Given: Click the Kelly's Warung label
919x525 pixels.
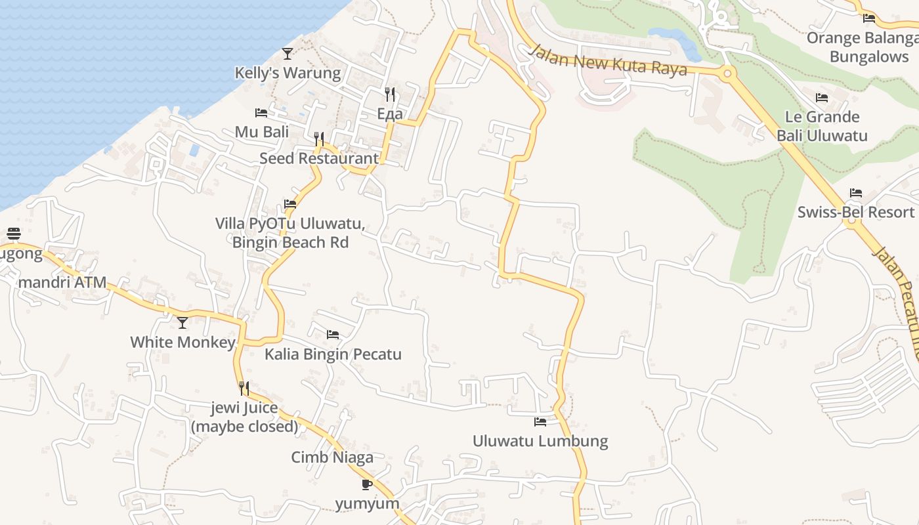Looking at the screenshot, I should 288,73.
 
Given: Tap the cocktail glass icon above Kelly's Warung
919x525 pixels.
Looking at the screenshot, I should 288,53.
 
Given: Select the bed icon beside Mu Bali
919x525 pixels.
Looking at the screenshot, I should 261,113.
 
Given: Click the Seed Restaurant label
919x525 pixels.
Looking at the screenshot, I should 319,158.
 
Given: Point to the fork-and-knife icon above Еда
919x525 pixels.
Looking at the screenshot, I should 390,94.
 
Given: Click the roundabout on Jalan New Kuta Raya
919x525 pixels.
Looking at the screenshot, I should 726,73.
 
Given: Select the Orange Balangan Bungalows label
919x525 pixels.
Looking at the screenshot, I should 861,47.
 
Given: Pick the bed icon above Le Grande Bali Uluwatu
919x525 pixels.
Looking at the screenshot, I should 822,98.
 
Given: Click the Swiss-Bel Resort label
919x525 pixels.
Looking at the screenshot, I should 855,212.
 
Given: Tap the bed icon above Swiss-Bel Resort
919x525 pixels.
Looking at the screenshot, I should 855,193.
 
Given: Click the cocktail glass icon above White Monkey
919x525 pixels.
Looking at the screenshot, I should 182,323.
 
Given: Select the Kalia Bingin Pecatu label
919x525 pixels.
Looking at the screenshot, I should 333,354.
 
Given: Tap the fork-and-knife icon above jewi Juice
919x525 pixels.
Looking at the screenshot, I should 244,388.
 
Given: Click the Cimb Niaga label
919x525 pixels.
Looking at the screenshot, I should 332,457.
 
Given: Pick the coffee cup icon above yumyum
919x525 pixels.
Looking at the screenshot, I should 367,485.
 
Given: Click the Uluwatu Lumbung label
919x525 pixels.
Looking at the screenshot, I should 540,441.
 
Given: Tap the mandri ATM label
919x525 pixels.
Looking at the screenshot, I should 63,283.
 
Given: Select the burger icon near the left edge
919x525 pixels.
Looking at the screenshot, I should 14,234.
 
